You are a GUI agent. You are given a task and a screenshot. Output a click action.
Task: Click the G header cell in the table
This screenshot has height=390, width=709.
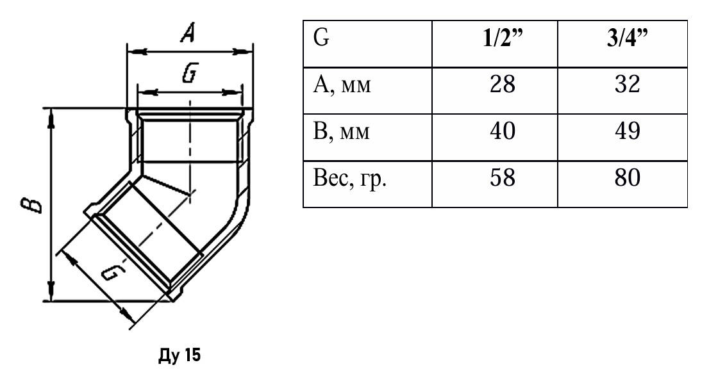pos(321,38)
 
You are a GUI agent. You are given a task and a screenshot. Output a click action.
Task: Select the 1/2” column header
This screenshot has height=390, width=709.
pos(503,38)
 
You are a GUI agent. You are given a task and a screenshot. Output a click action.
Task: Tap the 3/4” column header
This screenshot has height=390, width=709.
pos(627,38)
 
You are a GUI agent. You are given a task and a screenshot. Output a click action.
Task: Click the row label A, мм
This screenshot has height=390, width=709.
pos(342,85)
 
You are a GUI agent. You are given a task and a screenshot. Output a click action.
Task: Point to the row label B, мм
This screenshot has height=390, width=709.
pos(342,131)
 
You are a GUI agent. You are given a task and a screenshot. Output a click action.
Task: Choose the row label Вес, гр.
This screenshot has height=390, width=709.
pos(349,179)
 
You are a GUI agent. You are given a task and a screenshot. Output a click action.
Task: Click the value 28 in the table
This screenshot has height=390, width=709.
pos(503,84)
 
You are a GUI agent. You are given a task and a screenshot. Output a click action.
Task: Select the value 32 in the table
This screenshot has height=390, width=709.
pos(627,84)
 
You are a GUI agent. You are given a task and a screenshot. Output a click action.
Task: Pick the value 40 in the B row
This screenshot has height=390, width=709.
pos(503,131)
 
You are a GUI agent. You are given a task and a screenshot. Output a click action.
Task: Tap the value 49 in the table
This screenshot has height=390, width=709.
pos(627,131)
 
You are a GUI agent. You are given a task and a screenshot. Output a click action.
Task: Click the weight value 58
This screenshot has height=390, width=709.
pos(503,177)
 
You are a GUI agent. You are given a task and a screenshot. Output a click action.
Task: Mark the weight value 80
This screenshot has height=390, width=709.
pos(627,177)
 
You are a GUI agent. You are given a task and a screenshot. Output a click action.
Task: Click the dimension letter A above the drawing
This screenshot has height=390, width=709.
pos(188,33)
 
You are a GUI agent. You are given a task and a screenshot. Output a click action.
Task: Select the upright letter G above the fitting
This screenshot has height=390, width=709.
pos(190,73)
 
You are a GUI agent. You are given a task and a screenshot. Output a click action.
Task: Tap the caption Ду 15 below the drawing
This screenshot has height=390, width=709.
pos(179,355)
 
